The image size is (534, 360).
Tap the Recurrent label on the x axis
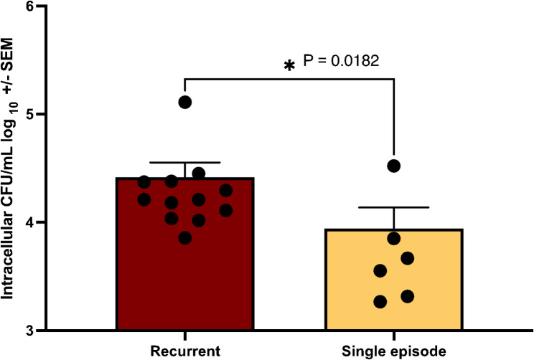(x=184, y=350)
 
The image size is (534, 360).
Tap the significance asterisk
(x=289, y=67)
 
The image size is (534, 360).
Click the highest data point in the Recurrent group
(x=185, y=102)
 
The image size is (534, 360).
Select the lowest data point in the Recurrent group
(x=185, y=238)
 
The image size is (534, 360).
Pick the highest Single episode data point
(x=393, y=166)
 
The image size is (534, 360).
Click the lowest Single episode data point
(x=380, y=302)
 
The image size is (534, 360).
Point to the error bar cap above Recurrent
(x=184, y=163)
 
